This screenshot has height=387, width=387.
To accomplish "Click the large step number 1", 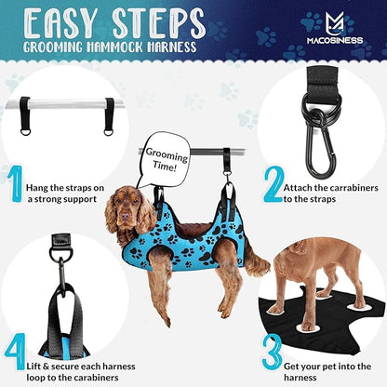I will (x=15, y=183).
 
